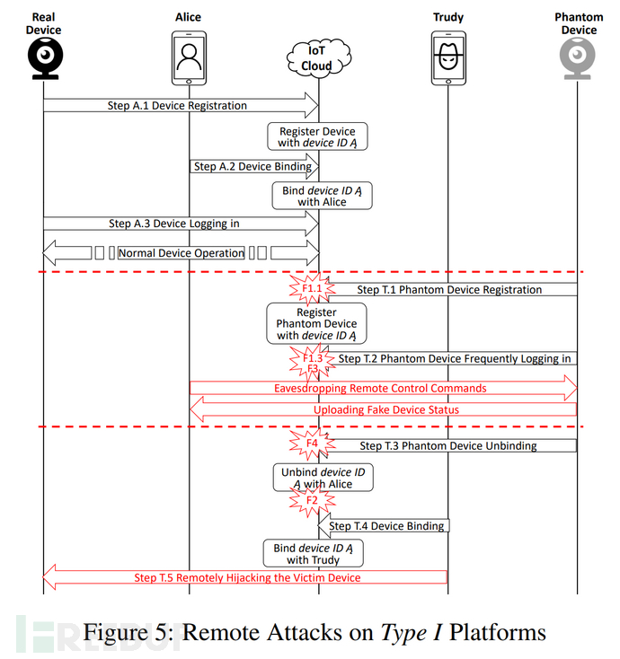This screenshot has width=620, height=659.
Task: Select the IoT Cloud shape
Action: click(x=316, y=57)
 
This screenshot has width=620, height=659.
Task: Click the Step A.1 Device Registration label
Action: click(x=177, y=106)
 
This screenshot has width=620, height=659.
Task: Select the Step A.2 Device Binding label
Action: click(x=252, y=166)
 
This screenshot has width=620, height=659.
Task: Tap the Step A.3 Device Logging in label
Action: click(x=174, y=224)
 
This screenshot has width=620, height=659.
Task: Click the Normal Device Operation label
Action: click(x=182, y=253)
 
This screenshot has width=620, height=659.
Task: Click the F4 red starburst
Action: click(x=311, y=444)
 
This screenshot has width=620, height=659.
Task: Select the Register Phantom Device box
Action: click(x=316, y=323)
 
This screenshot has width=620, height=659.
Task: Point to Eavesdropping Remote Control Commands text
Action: click(x=380, y=389)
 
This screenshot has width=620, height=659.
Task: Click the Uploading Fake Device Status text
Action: click(x=386, y=410)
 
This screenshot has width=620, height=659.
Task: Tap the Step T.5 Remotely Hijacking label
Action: click(x=247, y=577)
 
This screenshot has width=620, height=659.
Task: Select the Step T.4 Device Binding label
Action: click(x=386, y=526)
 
